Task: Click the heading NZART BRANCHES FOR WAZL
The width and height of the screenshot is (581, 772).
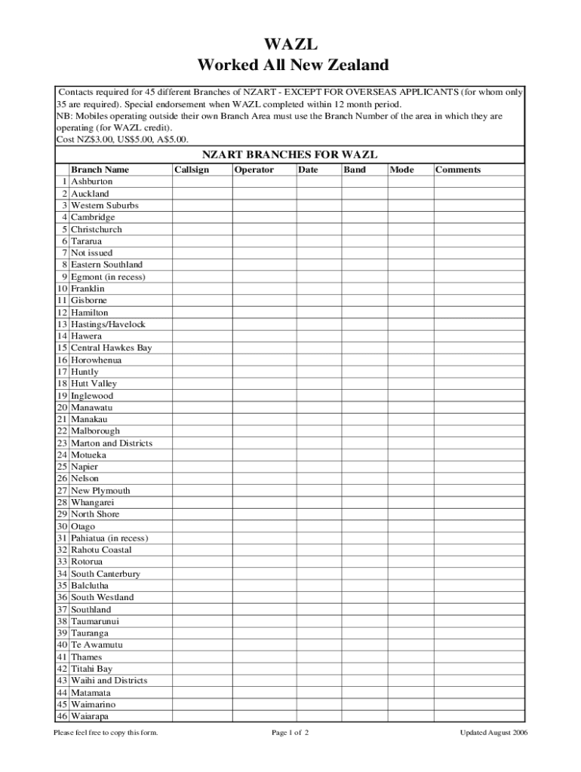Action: [x=290, y=155]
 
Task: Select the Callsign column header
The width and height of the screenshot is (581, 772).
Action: [x=192, y=170]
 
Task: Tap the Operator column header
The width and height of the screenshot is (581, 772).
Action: [x=254, y=170]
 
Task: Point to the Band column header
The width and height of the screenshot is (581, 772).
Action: [x=355, y=170]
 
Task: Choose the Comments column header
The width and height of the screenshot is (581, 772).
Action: [x=458, y=170]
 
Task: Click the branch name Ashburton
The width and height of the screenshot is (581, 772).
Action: [x=92, y=182]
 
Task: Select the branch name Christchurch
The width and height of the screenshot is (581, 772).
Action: [x=97, y=229]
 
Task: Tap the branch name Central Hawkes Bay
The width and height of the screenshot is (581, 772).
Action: [x=112, y=348]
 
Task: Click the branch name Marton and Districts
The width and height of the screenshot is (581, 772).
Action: [x=112, y=443]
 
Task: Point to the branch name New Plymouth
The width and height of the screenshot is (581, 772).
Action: [x=100, y=490]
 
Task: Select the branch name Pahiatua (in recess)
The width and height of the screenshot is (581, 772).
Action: [x=109, y=538]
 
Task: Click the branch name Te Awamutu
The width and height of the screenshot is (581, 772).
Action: [x=97, y=645]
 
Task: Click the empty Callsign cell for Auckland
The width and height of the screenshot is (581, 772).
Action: [x=201, y=194]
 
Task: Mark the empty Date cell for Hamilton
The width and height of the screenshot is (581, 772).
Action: [x=318, y=312]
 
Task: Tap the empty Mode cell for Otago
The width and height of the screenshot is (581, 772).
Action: [x=410, y=525]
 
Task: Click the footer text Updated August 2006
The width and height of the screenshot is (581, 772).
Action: [x=493, y=734]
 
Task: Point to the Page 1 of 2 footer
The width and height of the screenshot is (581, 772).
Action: [x=290, y=734]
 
